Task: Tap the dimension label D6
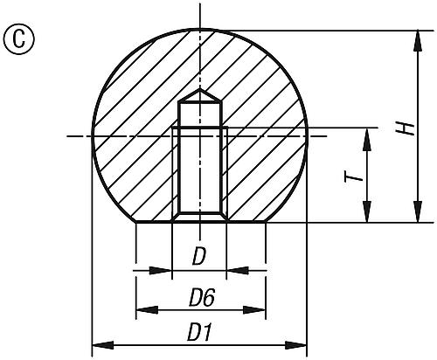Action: [202, 298]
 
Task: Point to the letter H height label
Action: [405, 128]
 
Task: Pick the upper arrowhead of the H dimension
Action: [411, 38]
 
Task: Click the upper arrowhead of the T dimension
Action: [364, 135]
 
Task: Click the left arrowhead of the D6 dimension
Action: [142, 308]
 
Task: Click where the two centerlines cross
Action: [199, 135]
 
